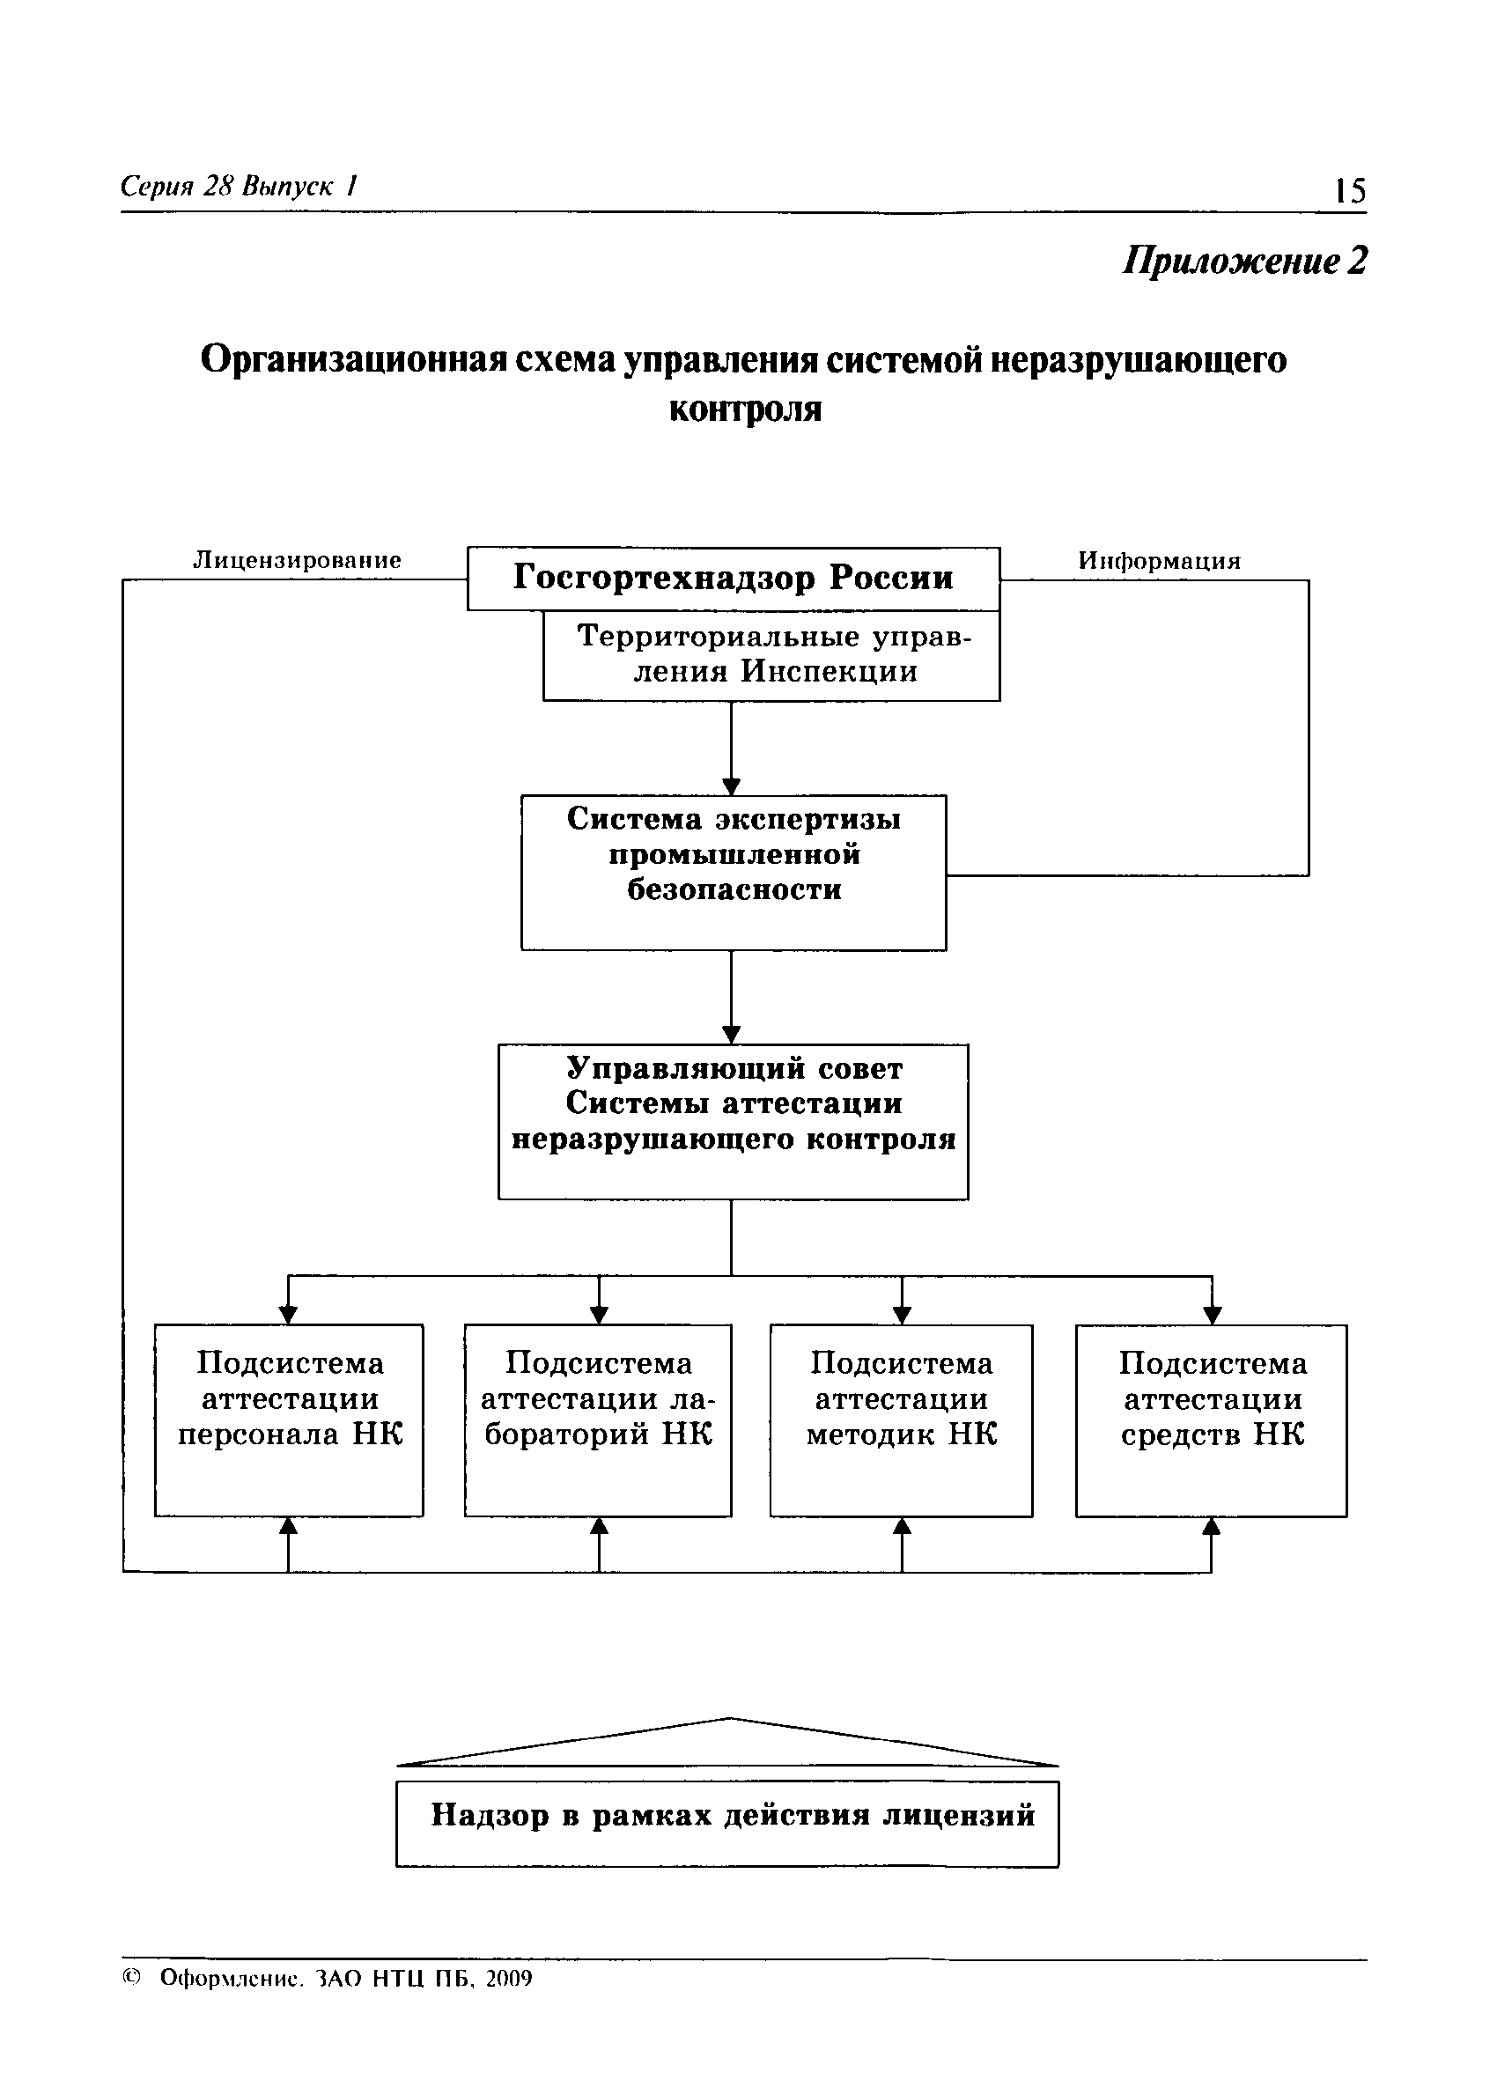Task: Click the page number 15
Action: click(x=1349, y=191)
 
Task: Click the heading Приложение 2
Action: click(x=1245, y=262)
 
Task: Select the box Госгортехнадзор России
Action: click(x=733, y=578)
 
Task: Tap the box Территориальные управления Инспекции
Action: click(x=771, y=655)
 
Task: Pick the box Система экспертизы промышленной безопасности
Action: click(x=733, y=871)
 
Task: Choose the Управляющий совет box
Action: click(x=733, y=1121)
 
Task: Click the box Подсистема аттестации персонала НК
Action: click(x=289, y=1420)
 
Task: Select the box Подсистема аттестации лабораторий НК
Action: click(x=598, y=1420)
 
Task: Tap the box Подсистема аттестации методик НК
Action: click(x=901, y=1420)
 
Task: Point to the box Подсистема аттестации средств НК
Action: click(x=1211, y=1420)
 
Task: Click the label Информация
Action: click(x=1159, y=560)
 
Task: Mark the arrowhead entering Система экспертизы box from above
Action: click(x=731, y=786)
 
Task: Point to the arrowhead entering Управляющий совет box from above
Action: click(x=731, y=1035)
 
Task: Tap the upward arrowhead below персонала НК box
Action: click(x=289, y=1526)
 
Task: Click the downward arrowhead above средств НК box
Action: click(x=1212, y=1314)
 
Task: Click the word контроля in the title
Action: click(x=745, y=409)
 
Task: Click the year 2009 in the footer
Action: click(x=508, y=1978)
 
